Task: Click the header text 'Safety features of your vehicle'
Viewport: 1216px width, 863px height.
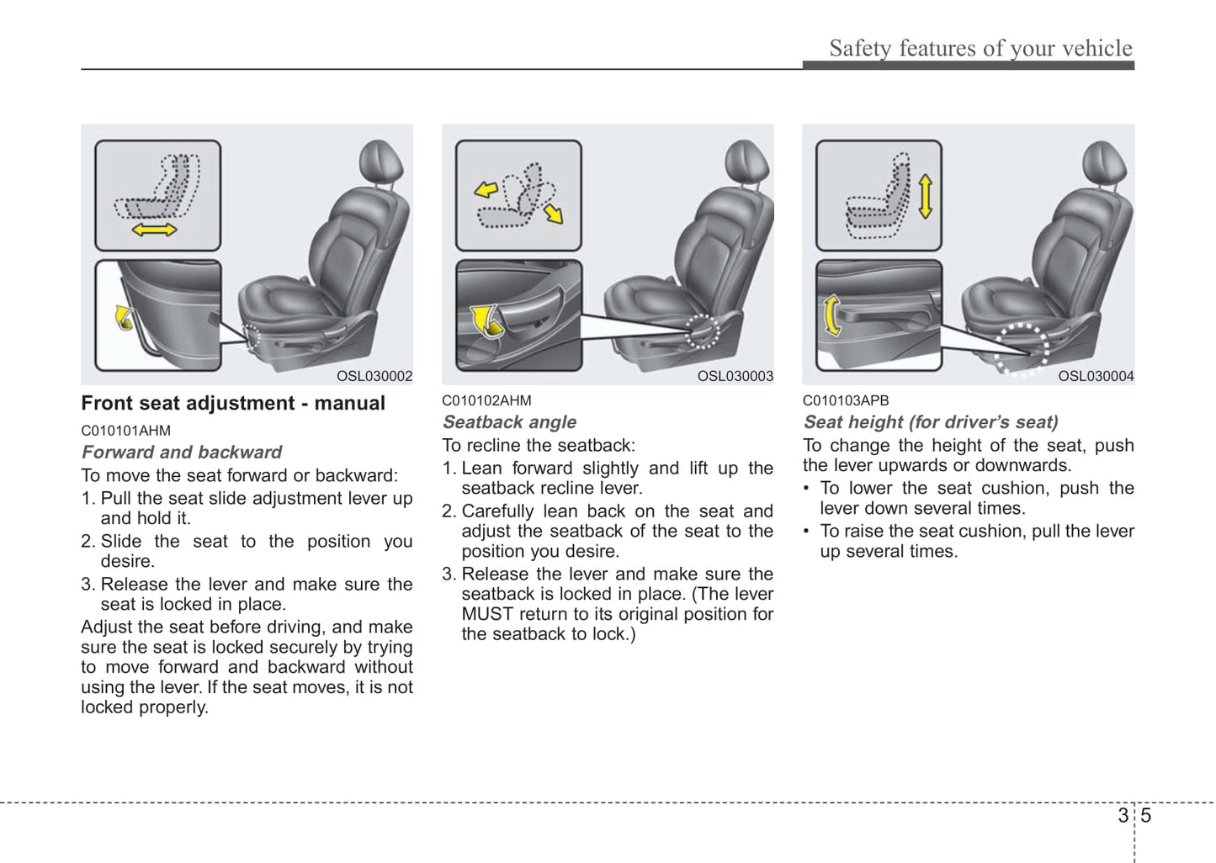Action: (x=980, y=48)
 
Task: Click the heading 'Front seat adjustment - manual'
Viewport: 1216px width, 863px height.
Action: (x=233, y=404)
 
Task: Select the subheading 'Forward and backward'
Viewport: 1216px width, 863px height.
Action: (x=182, y=452)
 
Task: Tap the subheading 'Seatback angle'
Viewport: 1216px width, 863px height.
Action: (x=510, y=422)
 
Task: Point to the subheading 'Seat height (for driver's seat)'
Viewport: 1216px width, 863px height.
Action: (x=931, y=422)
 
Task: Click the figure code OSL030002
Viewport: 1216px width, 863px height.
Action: (x=374, y=377)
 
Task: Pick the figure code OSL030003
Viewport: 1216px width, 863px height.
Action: (x=735, y=377)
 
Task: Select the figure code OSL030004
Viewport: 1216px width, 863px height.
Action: (x=1096, y=377)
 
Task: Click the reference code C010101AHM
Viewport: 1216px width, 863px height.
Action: (x=125, y=431)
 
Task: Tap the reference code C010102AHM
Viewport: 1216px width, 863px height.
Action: (x=486, y=400)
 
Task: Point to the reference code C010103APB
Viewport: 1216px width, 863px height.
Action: (x=846, y=400)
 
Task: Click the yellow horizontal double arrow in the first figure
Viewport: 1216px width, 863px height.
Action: (x=155, y=229)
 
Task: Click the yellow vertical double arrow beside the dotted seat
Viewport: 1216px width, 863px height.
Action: (x=925, y=196)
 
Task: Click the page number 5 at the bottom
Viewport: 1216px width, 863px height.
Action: (x=1146, y=816)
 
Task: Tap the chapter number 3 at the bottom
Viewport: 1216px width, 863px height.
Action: (x=1123, y=816)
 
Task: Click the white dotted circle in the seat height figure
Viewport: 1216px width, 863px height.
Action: (x=1022, y=347)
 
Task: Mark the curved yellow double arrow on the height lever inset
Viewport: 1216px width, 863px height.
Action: (x=832, y=315)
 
